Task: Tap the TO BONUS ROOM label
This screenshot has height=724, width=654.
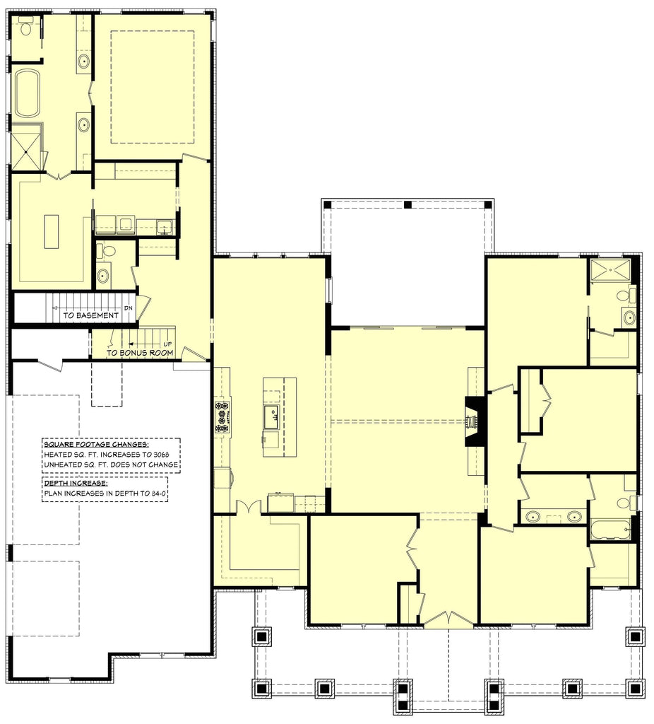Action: pyautogui.click(x=140, y=352)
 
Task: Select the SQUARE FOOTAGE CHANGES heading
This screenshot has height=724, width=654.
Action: pyautogui.click(x=95, y=444)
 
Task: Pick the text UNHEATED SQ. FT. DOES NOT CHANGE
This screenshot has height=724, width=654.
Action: pyautogui.click(x=111, y=465)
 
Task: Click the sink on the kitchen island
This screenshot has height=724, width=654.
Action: pyautogui.click(x=271, y=413)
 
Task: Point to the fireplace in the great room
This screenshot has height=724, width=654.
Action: pyautogui.click(x=472, y=421)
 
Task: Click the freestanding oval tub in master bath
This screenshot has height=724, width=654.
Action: pyautogui.click(x=28, y=93)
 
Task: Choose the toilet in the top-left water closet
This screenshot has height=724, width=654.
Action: pyautogui.click(x=26, y=28)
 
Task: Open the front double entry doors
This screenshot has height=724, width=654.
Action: pyautogui.click(x=448, y=619)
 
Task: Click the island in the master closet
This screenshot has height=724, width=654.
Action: pyautogui.click(x=52, y=231)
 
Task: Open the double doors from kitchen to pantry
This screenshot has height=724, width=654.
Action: pyautogui.click(x=248, y=507)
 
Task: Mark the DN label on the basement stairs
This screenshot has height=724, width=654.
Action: pyautogui.click(x=128, y=308)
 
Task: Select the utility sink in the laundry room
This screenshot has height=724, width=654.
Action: pyautogui.click(x=165, y=227)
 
